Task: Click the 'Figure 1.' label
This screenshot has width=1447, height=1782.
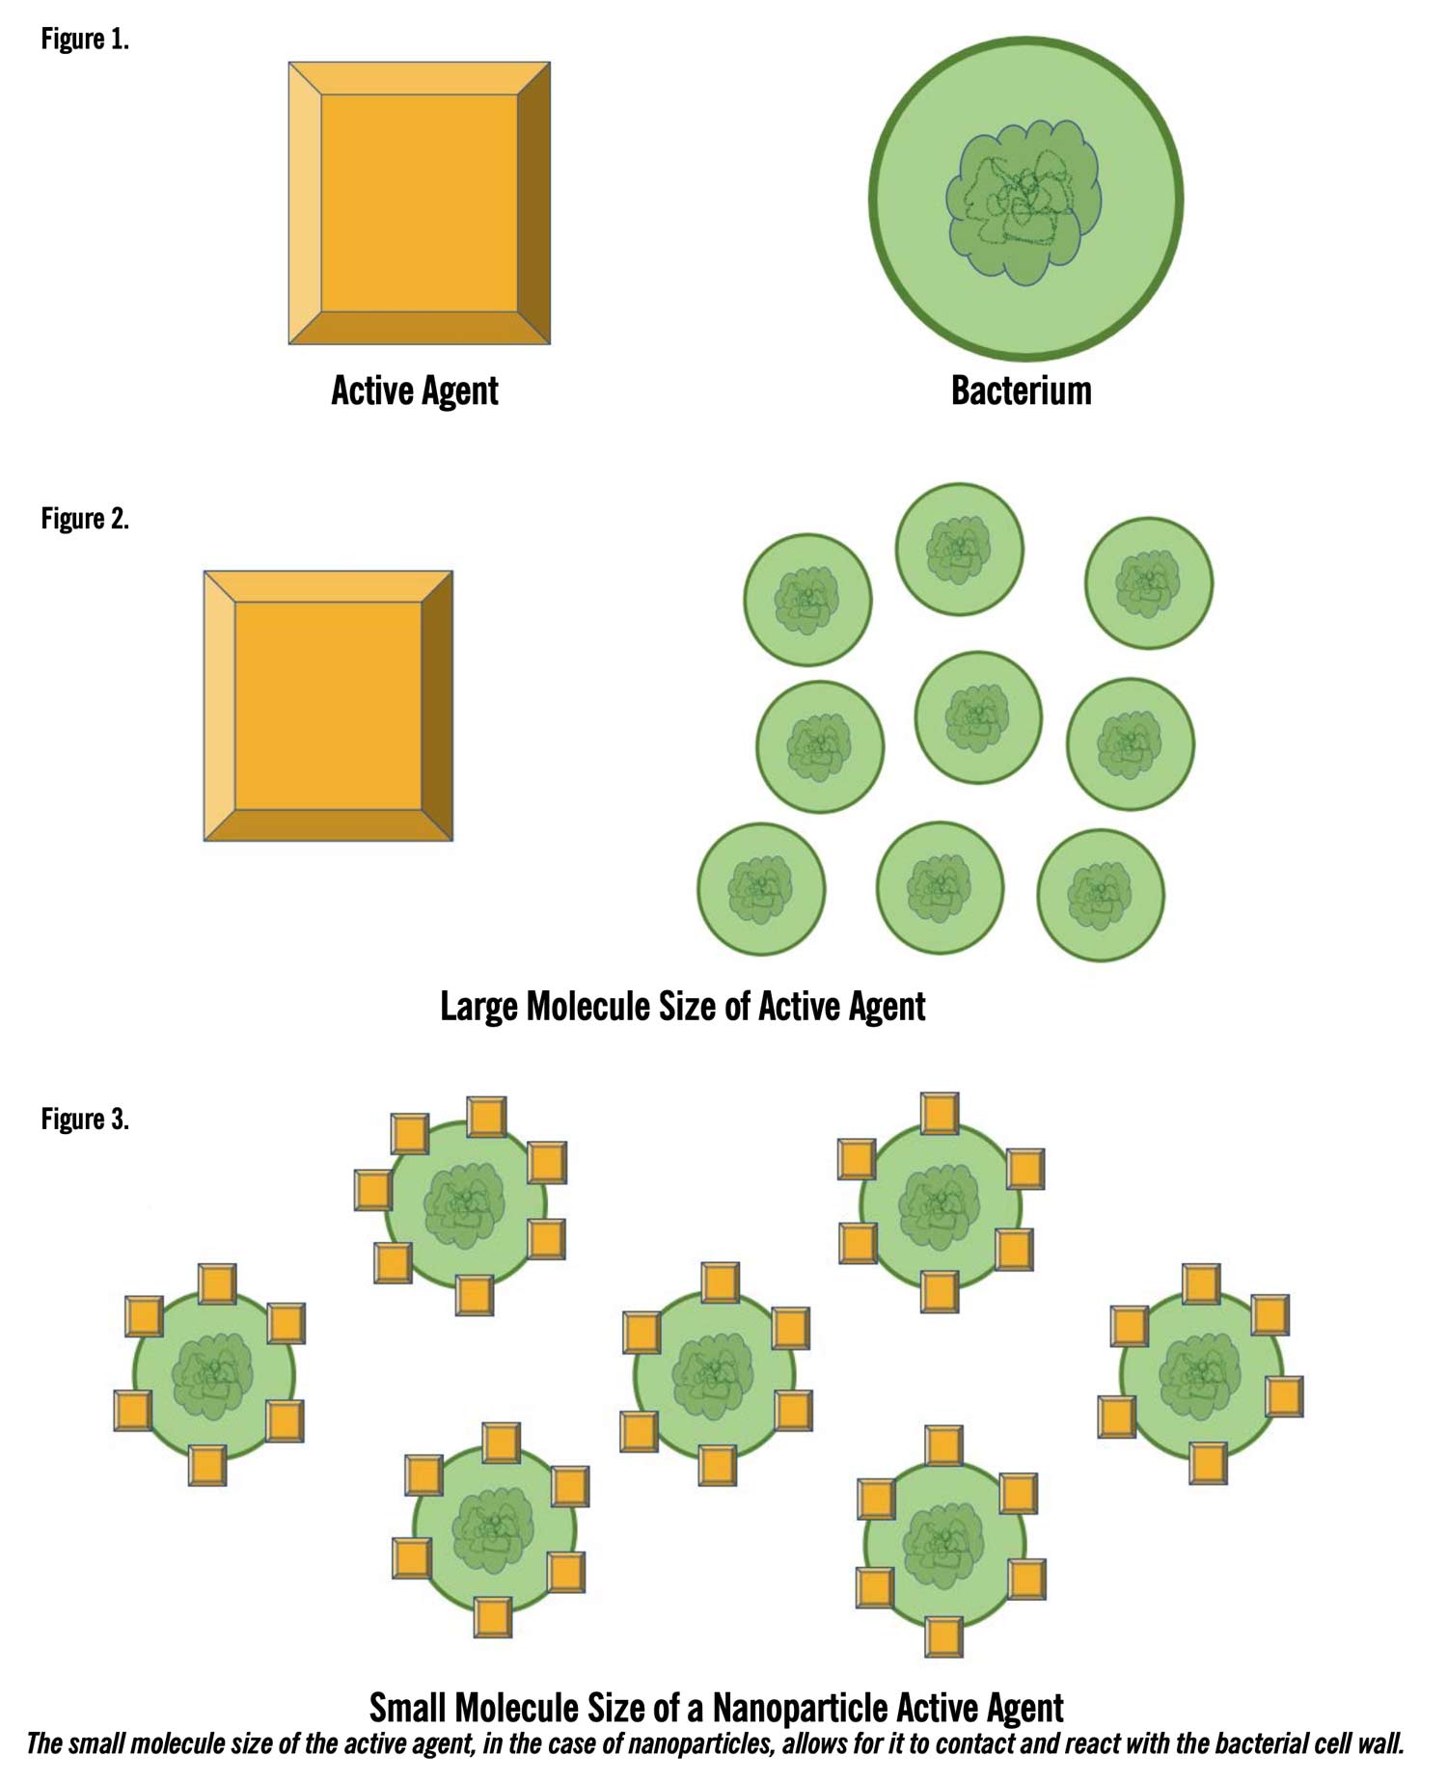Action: point(85,40)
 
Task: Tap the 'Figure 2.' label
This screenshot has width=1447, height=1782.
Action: point(85,519)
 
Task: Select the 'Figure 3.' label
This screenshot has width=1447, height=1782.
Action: point(85,1120)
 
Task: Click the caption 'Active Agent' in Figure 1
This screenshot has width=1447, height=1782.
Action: point(415,391)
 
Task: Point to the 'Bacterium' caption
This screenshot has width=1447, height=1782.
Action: point(1022,391)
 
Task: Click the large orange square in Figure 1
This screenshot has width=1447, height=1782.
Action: point(420,203)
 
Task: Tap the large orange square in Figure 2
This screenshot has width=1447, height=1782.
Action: point(328,706)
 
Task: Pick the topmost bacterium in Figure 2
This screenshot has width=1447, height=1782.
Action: point(959,549)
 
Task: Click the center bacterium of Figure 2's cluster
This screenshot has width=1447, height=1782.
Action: point(978,717)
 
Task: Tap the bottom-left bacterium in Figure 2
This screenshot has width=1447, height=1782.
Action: point(761,889)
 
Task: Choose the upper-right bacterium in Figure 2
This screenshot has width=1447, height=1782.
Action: point(1149,583)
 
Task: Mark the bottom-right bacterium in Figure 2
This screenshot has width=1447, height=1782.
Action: point(1101,896)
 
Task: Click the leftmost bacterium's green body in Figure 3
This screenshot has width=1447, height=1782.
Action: point(213,1374)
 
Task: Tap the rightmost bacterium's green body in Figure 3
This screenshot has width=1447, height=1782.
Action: point(1202,1373)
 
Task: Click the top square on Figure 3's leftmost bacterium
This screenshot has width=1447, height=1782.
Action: point(217,1284)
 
